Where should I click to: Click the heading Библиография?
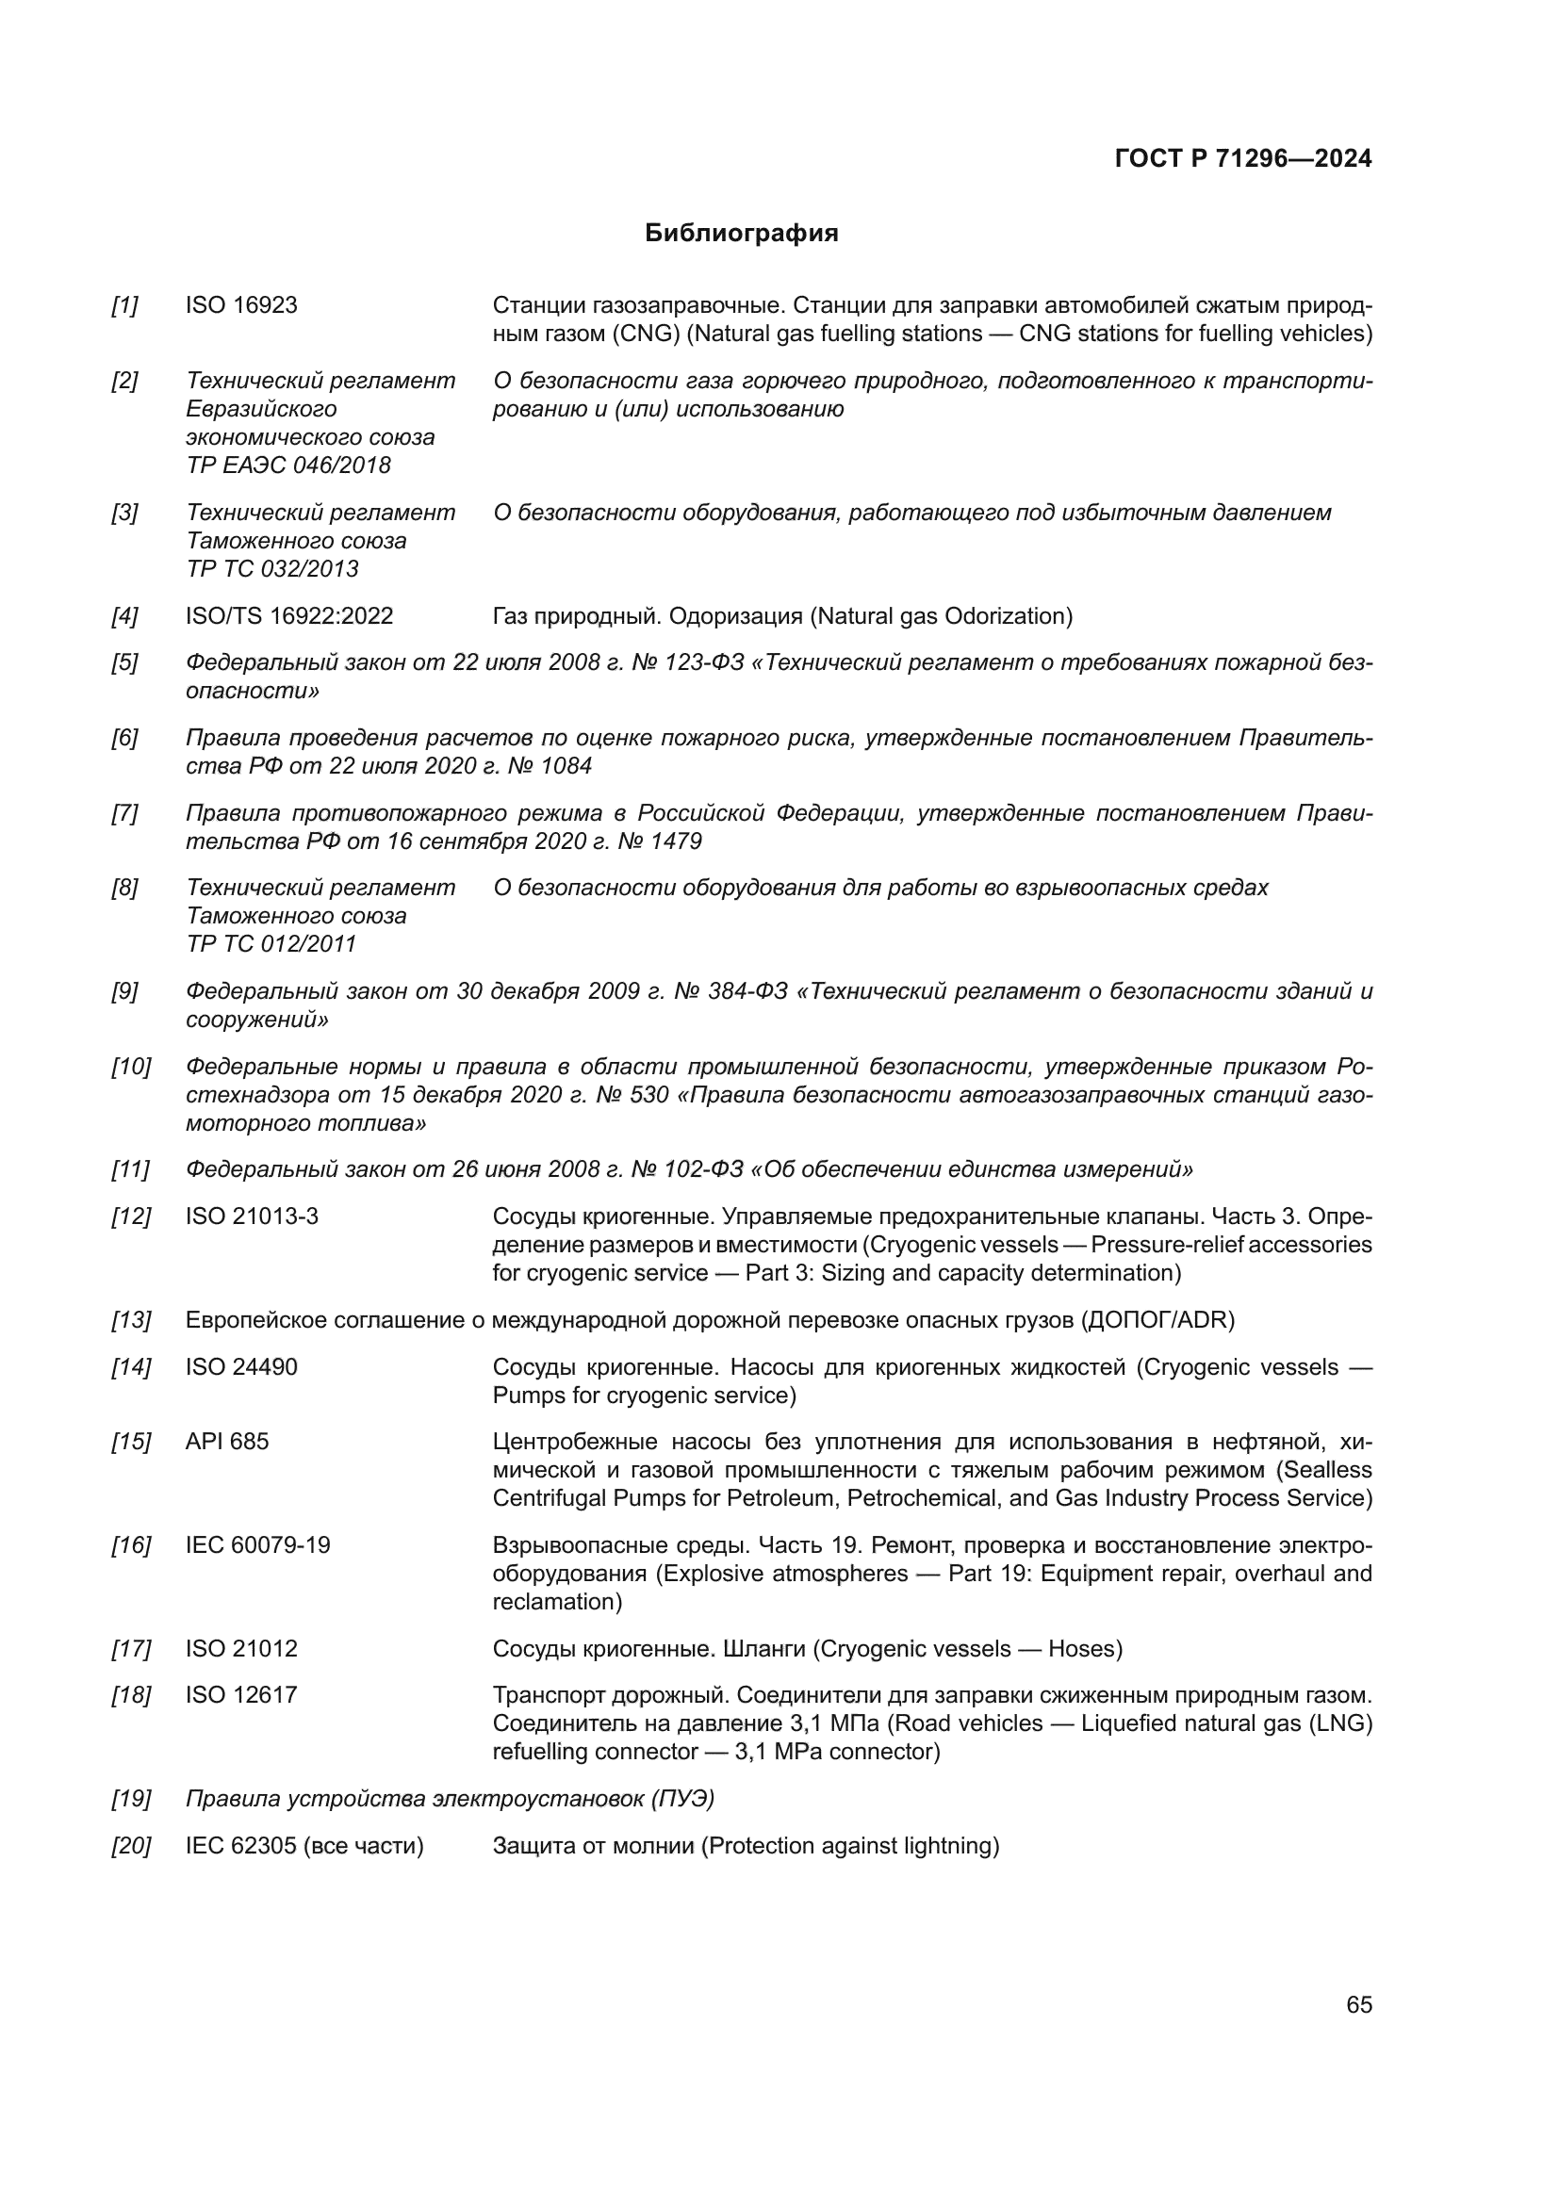(x=741, y=234)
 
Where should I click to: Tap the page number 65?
(x=1358, y=2004)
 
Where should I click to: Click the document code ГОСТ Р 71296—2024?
(x=1243, y=159)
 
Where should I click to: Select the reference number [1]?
(x=124, y=305)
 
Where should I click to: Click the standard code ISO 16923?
(x=241, y=305)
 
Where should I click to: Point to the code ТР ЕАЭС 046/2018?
(x=289, y=465)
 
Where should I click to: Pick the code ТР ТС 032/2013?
(x=272, y=569)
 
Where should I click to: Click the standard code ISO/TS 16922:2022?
(x=289, y=616)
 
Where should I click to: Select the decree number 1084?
(x=566, y=766)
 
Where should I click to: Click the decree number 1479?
(x=676, y=841)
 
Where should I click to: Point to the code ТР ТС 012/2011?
(x=271, y=944)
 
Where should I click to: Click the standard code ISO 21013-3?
(x=252, y=1217)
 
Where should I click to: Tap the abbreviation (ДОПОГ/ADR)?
(x=1157, y=1321)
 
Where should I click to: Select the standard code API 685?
(x=226, y=1442)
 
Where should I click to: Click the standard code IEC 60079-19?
(x=257, y=1545)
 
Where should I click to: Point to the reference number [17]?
(x=131, y=1649)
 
